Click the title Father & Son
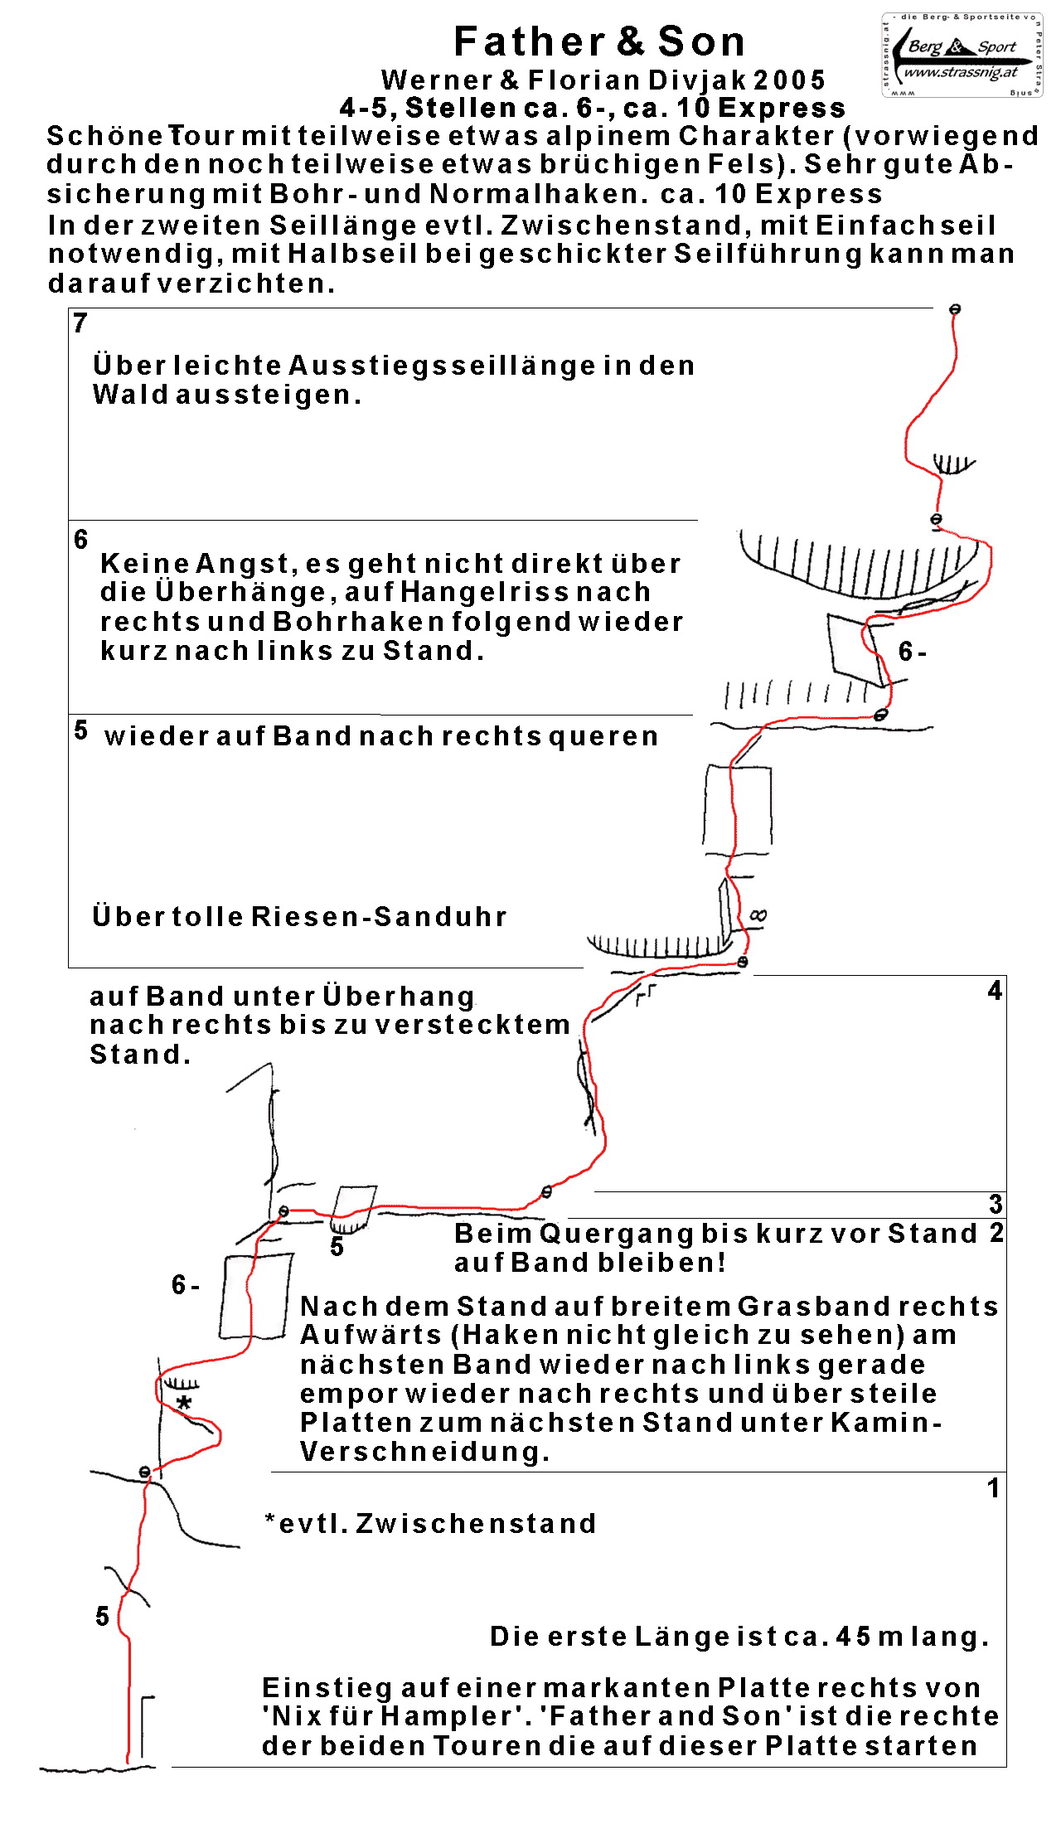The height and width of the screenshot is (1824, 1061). click(x=599, y=41)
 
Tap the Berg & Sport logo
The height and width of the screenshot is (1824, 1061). click(x=962, y=56)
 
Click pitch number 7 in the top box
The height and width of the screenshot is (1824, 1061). click(x=80, y=323)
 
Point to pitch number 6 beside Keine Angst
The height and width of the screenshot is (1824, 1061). click(x=80, y=540)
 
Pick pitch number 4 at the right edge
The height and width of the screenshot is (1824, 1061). click(x=995, y=991)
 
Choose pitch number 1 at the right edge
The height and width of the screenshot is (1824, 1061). click(x=993, y=1488)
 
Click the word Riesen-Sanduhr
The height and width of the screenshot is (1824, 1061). click(x=379, y=917)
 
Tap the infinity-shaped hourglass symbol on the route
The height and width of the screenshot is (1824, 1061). click(x=758, y=915)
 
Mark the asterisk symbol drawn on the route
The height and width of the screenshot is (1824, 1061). click(x=184, y=1404)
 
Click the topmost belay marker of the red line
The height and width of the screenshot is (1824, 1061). click(x=955, y=309)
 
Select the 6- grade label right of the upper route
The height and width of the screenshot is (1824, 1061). click(x=912, y=652)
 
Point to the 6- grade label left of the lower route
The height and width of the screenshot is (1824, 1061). click(x=185, y=1286)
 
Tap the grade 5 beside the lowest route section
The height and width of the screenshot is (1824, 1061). click(x=102, y=1616)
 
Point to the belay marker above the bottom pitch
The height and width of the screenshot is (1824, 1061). click(x=145, y=1472)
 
